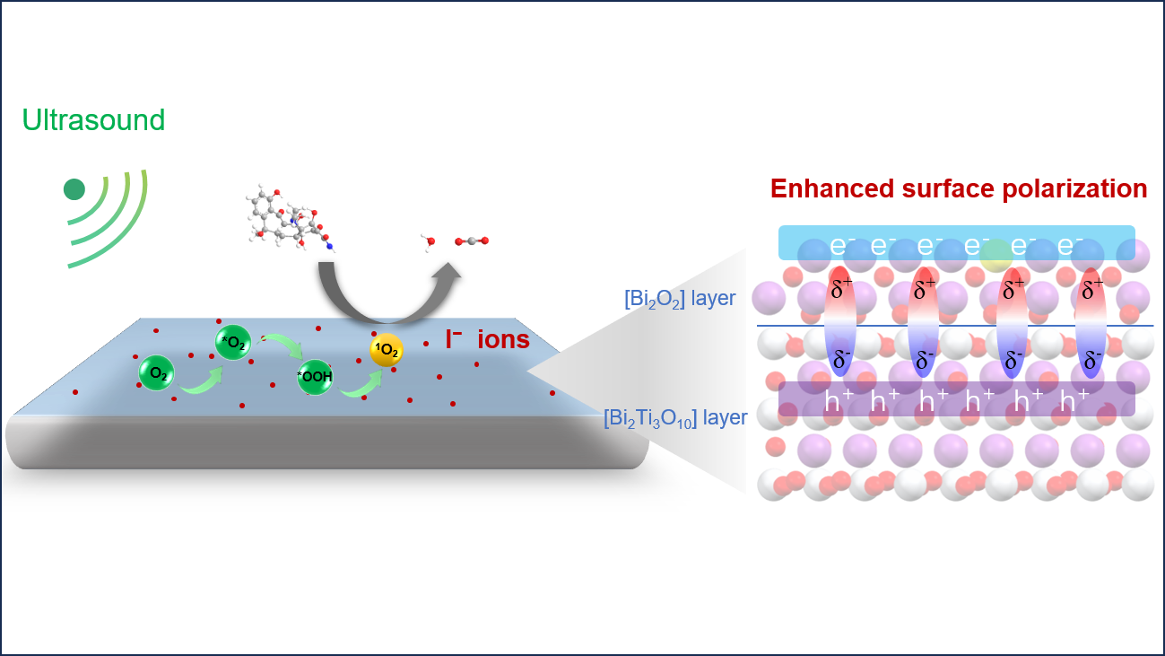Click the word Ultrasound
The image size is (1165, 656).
[93, 120]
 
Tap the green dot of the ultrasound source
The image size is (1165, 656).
[74, 189]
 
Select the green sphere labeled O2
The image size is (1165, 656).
[156, 373]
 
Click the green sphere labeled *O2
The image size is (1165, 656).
[233, 342]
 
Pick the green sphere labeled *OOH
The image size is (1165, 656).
[315, 377]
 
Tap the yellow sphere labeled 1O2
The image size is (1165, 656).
[387, 350]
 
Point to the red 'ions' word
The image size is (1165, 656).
[503, 339]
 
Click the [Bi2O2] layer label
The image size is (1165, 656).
[680, 299]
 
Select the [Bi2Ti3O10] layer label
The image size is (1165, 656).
[675, 418]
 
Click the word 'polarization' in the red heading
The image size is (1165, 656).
[1074, 188]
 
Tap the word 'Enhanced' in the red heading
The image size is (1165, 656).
[832, 188]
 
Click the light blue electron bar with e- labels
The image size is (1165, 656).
[956, 242]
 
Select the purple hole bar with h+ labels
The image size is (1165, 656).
[956, 399]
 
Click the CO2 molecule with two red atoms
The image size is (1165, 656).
[472, 241]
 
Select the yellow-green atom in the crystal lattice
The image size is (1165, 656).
[996, 256]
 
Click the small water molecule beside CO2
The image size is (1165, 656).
[430, 242]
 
